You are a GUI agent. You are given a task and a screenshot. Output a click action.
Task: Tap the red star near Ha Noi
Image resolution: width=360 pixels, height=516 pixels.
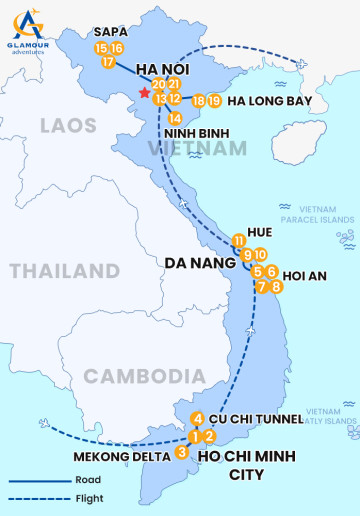(x=145, y=93)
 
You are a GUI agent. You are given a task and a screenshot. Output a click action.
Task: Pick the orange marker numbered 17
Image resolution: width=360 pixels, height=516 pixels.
(x=108, y=62)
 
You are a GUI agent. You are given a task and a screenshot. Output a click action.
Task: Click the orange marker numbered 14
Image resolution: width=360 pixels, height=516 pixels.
(x=175, y=119)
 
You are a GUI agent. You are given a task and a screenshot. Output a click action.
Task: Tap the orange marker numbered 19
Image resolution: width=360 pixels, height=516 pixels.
(x=214, y=101)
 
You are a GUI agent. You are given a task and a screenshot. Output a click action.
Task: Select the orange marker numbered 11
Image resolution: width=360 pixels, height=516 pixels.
(x=238, y=240)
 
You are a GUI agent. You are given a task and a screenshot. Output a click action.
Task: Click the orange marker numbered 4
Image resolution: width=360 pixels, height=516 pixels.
(x=198, y=419)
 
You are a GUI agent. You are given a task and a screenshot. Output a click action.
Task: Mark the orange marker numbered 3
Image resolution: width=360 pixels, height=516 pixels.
(x=181, y=452)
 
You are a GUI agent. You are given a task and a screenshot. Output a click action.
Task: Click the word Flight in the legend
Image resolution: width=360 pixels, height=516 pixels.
(x=89, y=498)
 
